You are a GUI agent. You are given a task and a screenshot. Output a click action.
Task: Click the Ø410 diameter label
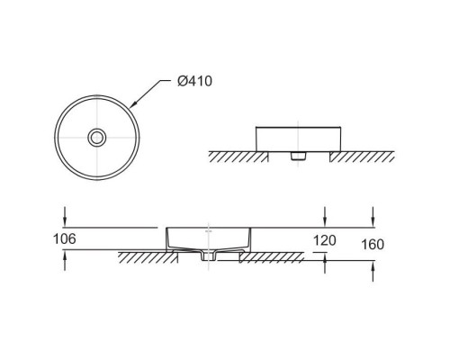tap(194, 81)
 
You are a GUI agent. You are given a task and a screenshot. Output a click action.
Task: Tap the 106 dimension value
tap(65, 239)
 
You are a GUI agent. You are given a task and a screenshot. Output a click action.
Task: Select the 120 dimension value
tap(325, 240)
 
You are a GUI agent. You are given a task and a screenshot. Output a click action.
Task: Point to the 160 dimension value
tap(373, 245)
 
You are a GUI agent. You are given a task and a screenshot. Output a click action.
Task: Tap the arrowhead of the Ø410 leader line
tap(133, 104)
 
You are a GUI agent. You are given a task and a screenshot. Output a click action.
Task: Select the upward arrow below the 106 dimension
tap(65, 261)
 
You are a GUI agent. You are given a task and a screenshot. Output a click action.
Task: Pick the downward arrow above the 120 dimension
tap(325, 216)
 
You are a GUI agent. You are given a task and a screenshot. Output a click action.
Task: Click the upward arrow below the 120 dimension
tap(325, 263)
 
